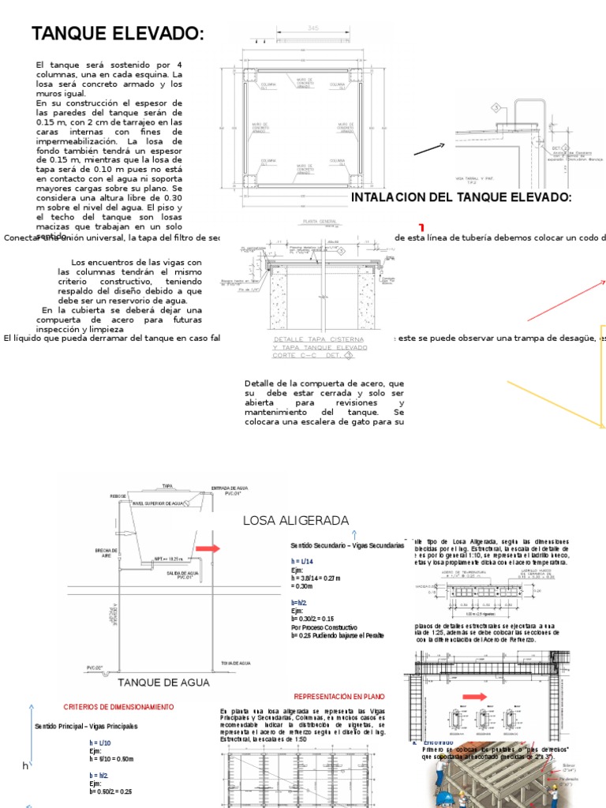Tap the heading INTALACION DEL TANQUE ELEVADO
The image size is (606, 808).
(461, 196)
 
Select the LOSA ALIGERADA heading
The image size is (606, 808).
(296, 521)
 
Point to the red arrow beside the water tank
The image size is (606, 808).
(209, 548)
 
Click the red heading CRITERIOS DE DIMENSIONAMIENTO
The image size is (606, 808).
(118, 706)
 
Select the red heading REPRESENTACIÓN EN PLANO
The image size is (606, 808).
(339, 697)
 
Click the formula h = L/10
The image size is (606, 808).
(100, 743)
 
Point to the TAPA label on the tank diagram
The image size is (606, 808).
(167, 486)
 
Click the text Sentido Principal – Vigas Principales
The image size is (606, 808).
(86, 726)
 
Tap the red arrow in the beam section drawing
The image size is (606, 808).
(475, 697)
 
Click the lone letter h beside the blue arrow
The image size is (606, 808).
(25, 766)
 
